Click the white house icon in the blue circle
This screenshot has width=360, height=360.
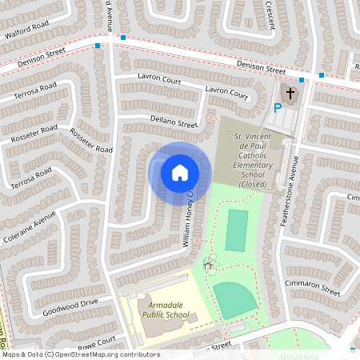tap(180, 172)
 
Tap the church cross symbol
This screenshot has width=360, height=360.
tap(289, 94)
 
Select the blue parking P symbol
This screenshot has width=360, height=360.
tap(278, 108)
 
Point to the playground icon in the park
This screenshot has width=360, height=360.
tap(209, 263)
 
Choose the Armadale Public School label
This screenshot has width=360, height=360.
tap(166, 310)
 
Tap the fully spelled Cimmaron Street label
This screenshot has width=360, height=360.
tap(313, 288)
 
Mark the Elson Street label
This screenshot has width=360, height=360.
tap(212, 346)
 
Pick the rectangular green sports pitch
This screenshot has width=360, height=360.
tap(237, 230)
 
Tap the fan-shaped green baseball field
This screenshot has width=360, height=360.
tap(236, 300)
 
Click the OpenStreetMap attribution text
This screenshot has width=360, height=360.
tap(80, 354)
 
